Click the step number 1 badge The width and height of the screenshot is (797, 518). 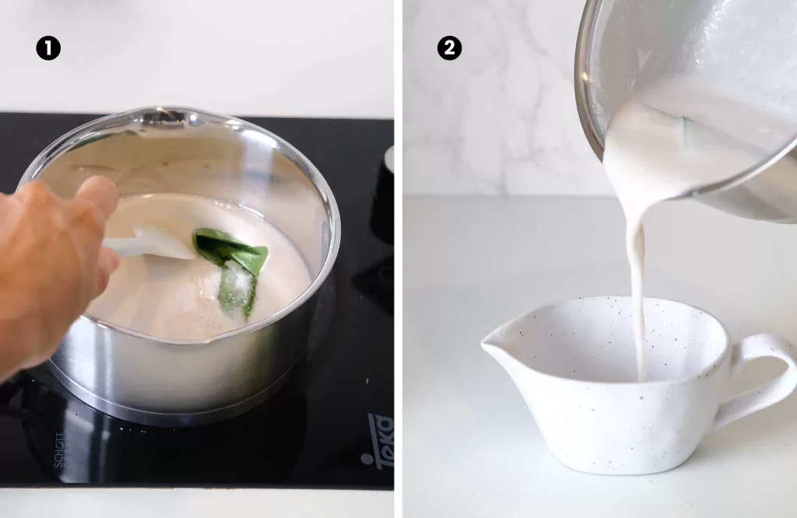point(48,48)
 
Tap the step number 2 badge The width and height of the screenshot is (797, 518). point(449,48)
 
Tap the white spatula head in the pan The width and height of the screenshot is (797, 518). point(156,243)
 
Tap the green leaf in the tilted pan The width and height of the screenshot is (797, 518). point(686,132)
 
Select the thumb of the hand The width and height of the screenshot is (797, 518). point(97,194)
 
